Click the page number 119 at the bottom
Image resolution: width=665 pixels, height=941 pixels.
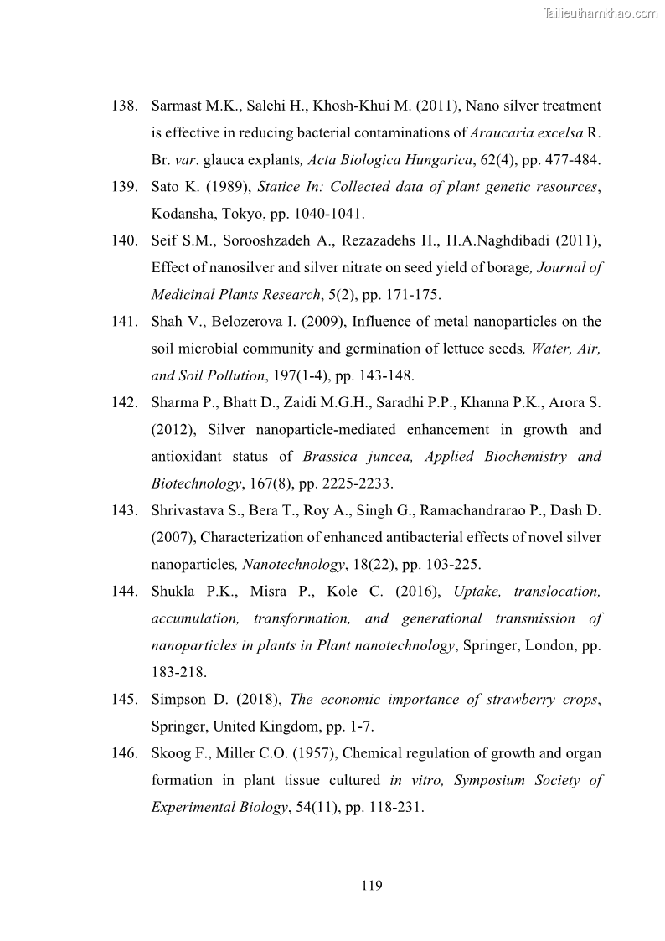pos(372,885)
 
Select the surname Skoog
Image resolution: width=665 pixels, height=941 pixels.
pos(170,753)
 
